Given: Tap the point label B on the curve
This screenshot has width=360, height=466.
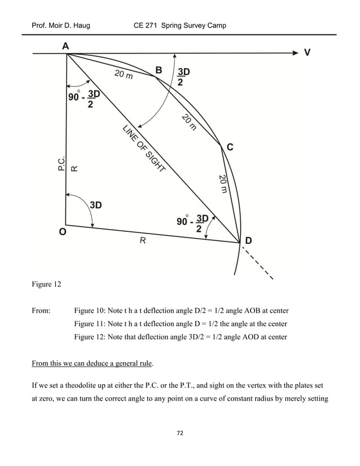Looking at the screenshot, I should click(x=159, y=70).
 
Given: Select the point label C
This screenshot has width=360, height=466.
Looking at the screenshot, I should click(x=230, y=147).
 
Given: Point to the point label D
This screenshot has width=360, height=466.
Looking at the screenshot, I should click(x=248, y=240).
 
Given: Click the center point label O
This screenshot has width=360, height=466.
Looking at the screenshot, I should click(x=62, y=231).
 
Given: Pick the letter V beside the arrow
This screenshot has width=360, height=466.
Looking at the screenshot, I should click(x=308, y=52).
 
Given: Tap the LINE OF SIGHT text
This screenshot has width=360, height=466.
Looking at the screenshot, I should click(x=144, y=148).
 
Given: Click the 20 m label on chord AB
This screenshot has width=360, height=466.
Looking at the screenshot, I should click(x=124, y=74).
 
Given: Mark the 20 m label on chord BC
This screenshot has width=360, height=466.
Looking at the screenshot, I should click(x=189, y=122).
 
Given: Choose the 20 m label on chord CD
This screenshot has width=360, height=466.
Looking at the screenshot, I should click(x=223, y=183).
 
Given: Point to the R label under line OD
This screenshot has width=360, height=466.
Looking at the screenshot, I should click(x=143, y=240).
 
